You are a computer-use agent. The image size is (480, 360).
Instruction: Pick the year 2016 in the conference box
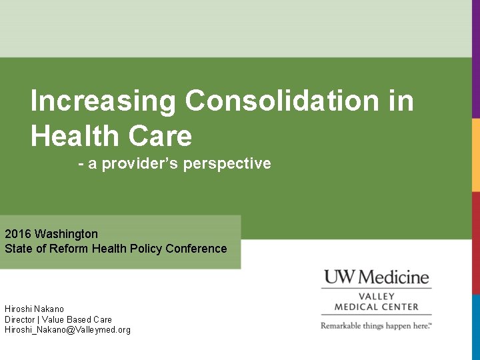tap(18, 234)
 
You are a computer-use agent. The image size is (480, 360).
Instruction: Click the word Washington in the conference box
tap(66, 234)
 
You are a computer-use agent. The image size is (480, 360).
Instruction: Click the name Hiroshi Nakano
tap(35, 309)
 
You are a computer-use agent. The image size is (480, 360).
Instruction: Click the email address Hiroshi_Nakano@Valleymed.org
tap(67, 330)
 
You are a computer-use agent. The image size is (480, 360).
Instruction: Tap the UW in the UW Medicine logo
tap(338, 277)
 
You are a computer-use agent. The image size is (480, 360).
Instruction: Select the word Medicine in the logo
tap(393, 277)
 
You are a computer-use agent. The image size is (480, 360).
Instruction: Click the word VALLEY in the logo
tap(377, 296)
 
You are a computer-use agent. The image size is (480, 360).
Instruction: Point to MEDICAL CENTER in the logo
tap(377, 307)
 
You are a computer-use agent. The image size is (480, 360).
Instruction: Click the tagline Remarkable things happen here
tap(377, 325)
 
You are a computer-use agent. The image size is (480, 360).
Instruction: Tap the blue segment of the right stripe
tap(476, 327)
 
